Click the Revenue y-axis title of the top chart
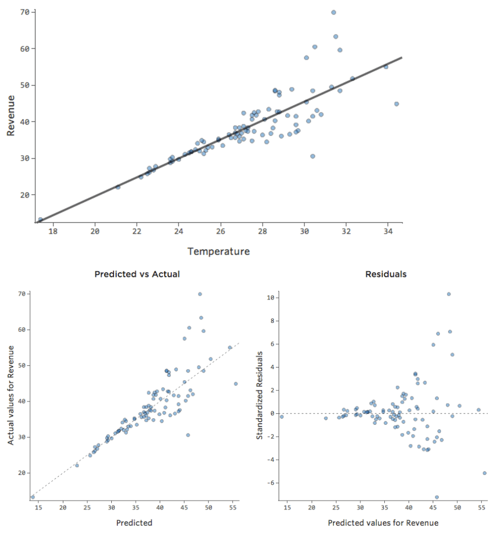pos(11,115)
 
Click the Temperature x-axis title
pos(219,252)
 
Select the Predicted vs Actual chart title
pos(137,274)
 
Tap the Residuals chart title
pos(385,274)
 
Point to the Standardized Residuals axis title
pos(259,395)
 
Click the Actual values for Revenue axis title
pos(11,395)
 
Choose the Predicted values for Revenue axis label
pos(383,523)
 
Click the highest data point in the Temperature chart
pos(334,12)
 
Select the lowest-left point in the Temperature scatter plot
pos(41,220)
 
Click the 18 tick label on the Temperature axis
pos(53,231)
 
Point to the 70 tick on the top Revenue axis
pos(24,12)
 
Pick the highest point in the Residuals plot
pos(449,294)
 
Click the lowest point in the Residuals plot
pos(437,497)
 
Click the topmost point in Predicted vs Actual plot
pos(200,294)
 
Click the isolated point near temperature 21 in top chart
pos(118,187)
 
